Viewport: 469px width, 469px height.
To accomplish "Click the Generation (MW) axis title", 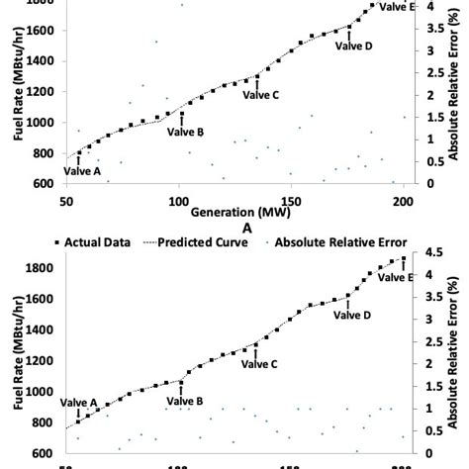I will [234, 212].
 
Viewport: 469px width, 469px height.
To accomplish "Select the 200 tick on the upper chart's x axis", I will [403, 198].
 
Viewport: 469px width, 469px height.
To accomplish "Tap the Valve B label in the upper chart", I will [185, 132].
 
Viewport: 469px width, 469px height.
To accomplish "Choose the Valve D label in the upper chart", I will [353, 46].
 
